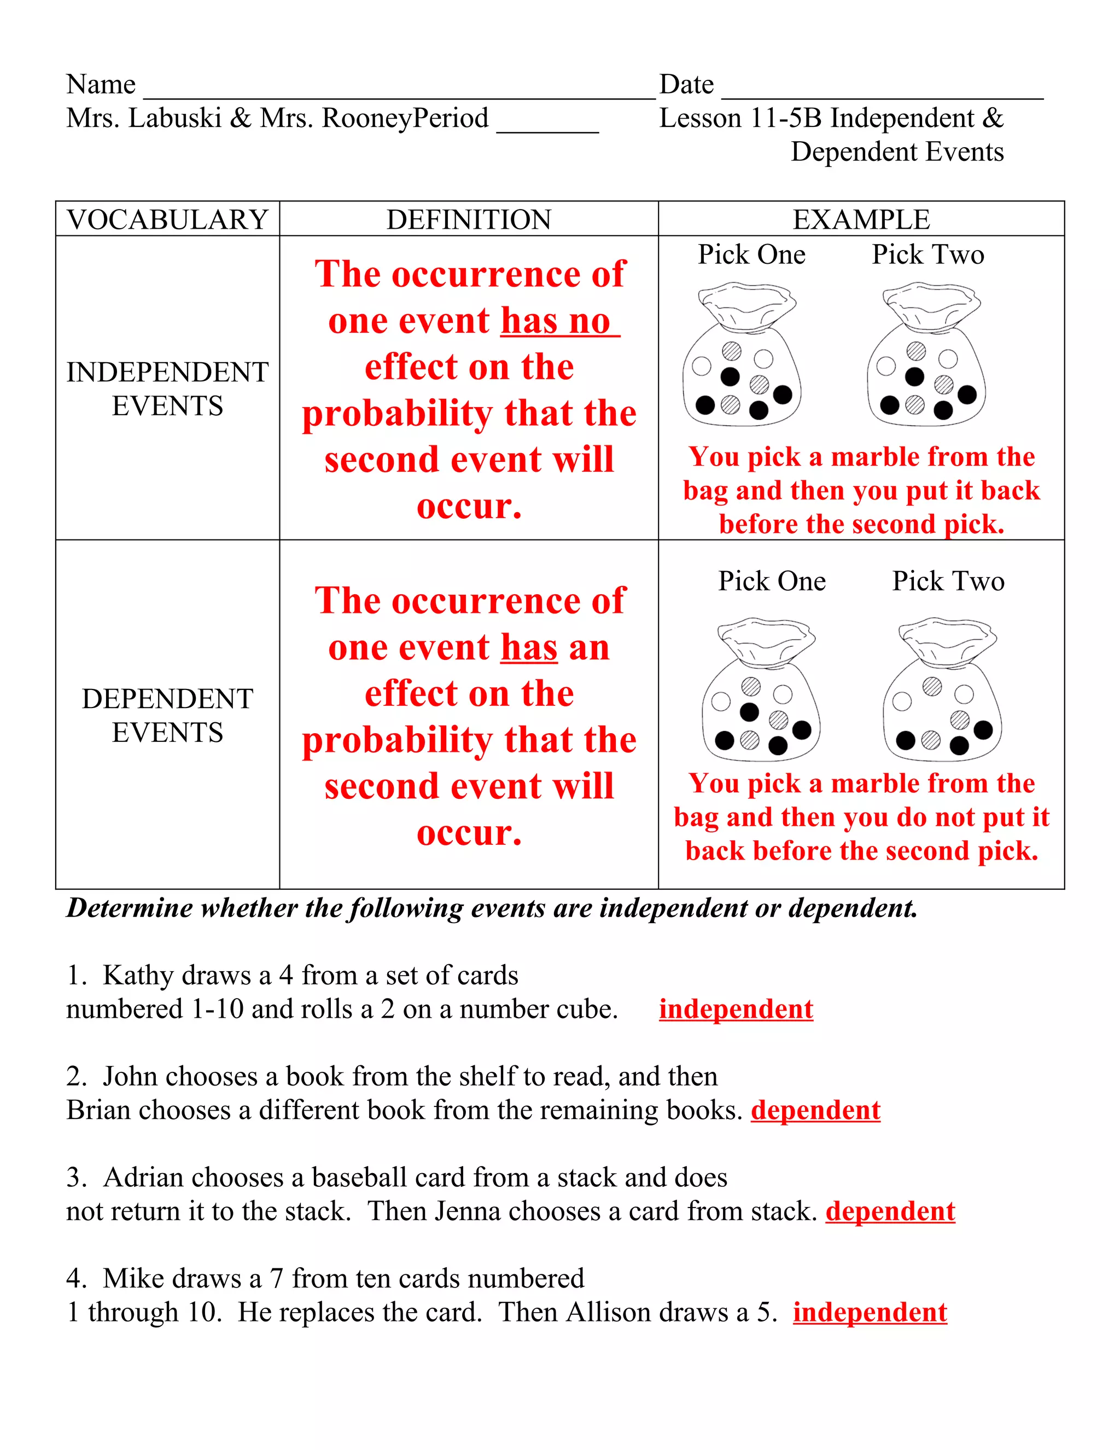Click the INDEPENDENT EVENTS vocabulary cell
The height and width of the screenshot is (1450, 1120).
tap(167, 389)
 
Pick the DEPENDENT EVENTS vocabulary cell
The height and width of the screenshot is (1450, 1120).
tap(167, 716)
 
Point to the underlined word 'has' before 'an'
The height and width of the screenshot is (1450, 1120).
tap(529, 648)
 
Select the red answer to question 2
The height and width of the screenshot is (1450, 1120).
tap(815, 1111)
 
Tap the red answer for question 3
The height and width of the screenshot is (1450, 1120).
tap(890, 1211)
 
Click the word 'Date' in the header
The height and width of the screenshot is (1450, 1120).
tap(686, 85)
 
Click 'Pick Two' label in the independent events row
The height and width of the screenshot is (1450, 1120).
tap(927, 255)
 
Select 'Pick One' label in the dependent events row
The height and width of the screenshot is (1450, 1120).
tap(772, 582)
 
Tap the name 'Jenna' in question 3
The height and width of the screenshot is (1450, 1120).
tap(468, 1211)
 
